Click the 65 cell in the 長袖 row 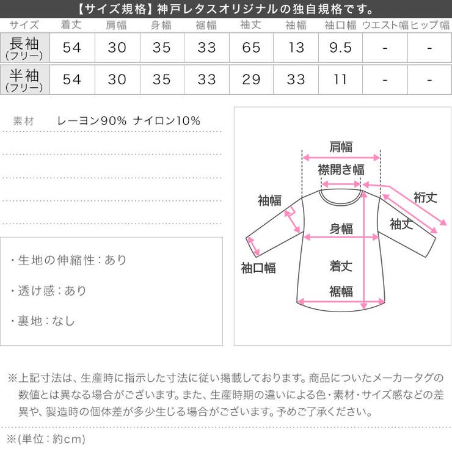[x=251, y=48]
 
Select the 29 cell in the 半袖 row [x=251, y=79]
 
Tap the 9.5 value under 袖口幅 [x=340, y=48]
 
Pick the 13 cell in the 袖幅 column [x=296, y=48]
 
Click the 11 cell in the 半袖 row [x=340, y=79]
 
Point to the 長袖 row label [x=24, y=48]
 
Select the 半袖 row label [x=24, y=79]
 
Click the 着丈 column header [x=71, y=25]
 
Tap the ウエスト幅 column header [x=385, y=25]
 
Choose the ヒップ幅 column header [x=430, y=25]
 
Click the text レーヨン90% [x=92, y=120]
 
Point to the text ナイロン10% [x=167, y=120]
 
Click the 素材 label [x=23, y=121]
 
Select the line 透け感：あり [x=48, y=291]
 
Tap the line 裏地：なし [x=42, y=321]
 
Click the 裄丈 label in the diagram [x=426, y=197]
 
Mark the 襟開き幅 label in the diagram [x=341, y=170]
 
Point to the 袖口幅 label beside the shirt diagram [x=258, y=268]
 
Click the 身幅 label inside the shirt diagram [x=341, y=228]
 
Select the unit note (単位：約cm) [x=46, y=439]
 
